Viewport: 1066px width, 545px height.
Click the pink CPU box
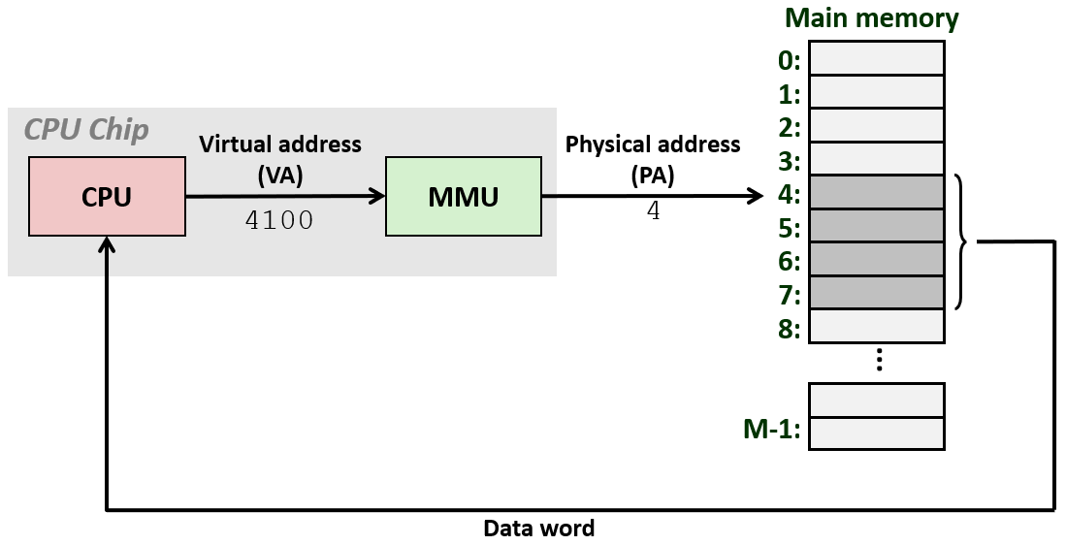pyautogui.click(x=107, y=197)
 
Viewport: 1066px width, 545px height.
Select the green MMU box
pyautogui.click(x=464, y=197)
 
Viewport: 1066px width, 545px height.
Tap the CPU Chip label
pyautogui.click(x=86, y=129)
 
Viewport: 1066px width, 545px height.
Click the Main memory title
pyautogui.click(x=871, y=18)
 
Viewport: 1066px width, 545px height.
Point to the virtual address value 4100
pyautogui.click(x=279, y=220)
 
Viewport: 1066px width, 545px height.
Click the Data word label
pyautogui.click(x=538, y=529)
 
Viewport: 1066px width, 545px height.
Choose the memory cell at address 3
pyautogui.click(x=876, y=158)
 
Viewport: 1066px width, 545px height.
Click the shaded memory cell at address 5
pyautogui.click(x=876, y=226)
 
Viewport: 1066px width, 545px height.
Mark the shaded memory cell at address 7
pyautogui.click(x=876, y=292)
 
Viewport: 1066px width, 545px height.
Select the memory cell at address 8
pyautogui.click(x=876, y=326)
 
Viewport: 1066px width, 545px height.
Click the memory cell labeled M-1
pyautogui.click(x=876, y=433)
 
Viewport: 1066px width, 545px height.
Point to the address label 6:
pyautogui.click(x=789, y=262)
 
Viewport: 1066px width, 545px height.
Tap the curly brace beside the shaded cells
pyautogui.click(x=964, y=241)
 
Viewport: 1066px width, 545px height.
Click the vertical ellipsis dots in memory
pyautogui.click(x=878, y=360)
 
